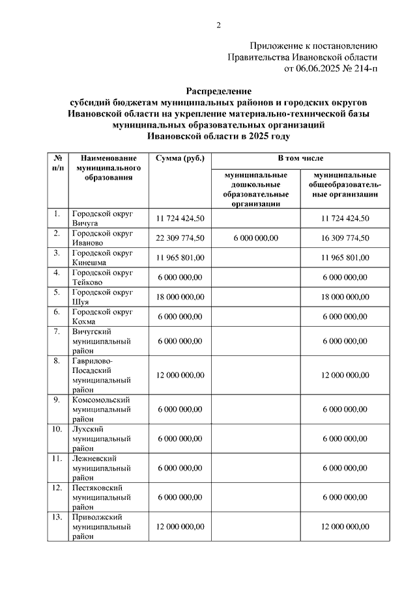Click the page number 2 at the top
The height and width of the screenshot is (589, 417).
pyautogui.click(x=219, y=25)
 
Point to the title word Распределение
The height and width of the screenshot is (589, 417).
pyautogui.click(x=218, y=91)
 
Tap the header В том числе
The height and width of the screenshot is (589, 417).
pyautogui.click(x=300, y=158)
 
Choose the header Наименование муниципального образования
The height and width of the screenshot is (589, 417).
pyautogui.click(x=108, y=167)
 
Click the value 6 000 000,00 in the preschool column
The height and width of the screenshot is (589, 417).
pyautogui.click(x=255, y=238)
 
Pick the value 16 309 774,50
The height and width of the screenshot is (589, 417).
pyautogui.click(x=345, y=238)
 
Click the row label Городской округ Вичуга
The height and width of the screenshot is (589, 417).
pyautogui.click(x=102, y=218)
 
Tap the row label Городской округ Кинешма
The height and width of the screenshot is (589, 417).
pyautogui.click(x=102, y=257)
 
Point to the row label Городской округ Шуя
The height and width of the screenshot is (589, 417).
pyautogui.click(x=102, y=296)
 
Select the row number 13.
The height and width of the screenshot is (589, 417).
pyautogui.click(x=57, y=517)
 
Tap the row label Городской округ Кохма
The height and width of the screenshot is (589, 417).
pyautogui.click(x=102, y=316)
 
